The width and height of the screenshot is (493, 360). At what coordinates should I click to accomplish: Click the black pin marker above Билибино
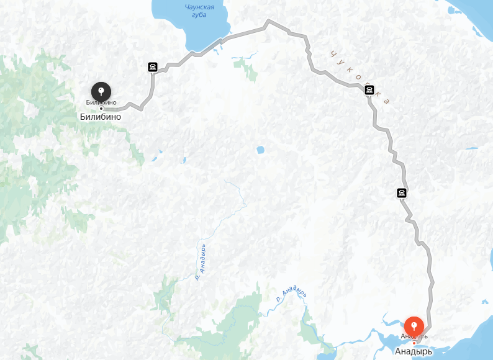pyautogui.click(x=101, y=91)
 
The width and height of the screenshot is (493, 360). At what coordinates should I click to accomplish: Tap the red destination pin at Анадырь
pyautogui.click(x=414, y=326)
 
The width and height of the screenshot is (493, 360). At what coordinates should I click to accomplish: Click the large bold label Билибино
pyautogui.click(x=101, y=116)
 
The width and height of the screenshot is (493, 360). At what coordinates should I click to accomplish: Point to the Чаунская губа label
pyautogui.click(x=199, y=11)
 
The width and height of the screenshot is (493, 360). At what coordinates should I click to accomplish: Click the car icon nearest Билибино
pyautogui.click(x=152, y=66)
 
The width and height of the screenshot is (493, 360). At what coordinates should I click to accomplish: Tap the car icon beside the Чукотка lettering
pyautogui.click(x=369, y=91)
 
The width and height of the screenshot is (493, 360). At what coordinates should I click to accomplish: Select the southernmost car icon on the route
pyautogui.click(x=402, y=192)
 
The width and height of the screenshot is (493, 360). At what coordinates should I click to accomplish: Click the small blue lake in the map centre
pyautogui.click(x=260, y=150)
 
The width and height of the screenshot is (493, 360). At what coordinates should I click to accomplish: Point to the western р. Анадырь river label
pyautogui.click(x=201, y=262)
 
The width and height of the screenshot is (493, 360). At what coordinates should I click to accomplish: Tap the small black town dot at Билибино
pyautogui.click(x=101, y=109)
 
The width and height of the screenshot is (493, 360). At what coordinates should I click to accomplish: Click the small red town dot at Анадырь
pyautogui.click(x=414, y=343)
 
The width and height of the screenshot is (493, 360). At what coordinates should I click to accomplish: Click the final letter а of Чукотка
pyautogui.click(x=387, y=101)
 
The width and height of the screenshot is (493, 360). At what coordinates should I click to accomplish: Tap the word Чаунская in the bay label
pyautogui.click(x=199, y=7)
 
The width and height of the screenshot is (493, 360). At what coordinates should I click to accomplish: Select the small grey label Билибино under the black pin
pyautogui.click(x=101, y=102)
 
